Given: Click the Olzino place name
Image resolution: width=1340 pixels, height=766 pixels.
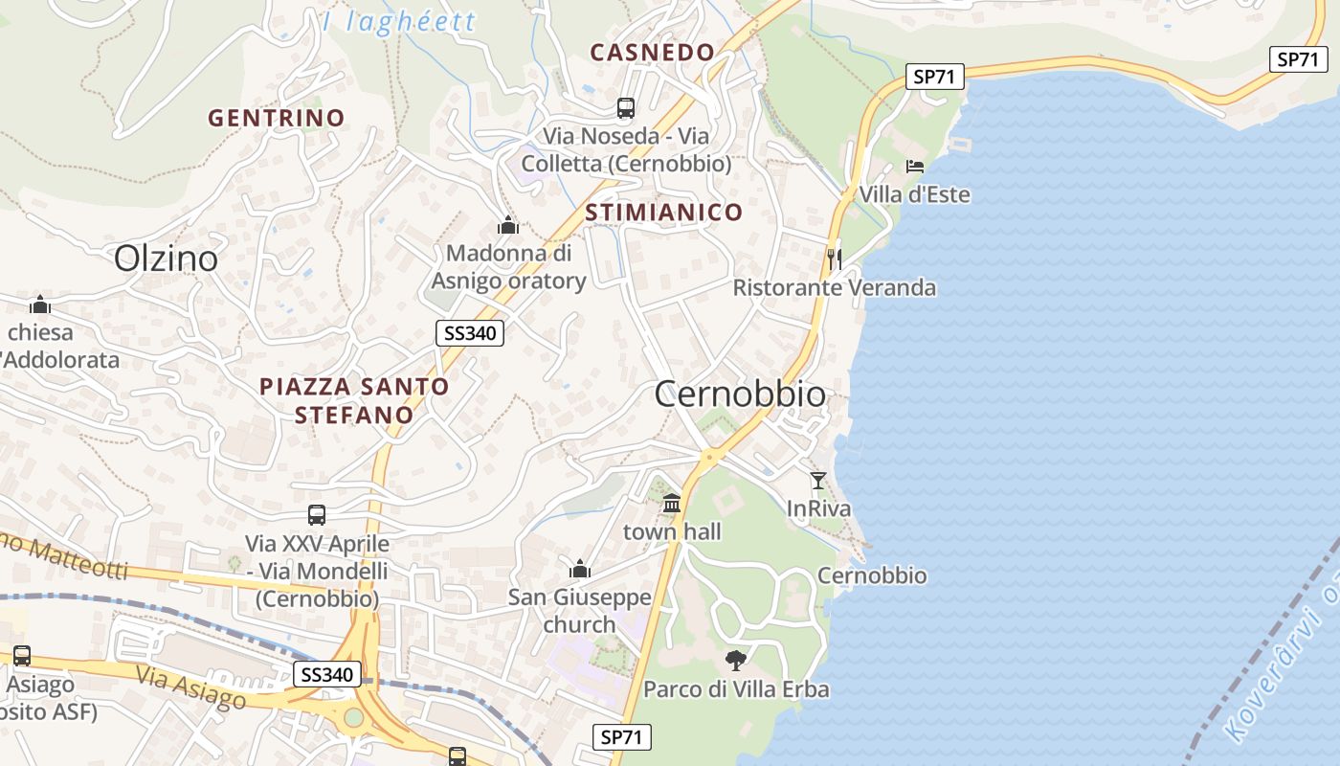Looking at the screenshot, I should (x=166, y=259).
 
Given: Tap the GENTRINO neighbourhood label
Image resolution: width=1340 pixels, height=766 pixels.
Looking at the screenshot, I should (x=276, y=118).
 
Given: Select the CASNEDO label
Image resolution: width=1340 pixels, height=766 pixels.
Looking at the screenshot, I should (x=652, y=52).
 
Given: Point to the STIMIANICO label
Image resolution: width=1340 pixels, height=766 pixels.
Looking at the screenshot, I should (x=663, y=212).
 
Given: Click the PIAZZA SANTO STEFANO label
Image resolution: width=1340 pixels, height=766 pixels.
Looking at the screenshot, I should (x=354, y=400).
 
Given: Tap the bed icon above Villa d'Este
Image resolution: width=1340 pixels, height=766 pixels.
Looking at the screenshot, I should (x=915, y=167).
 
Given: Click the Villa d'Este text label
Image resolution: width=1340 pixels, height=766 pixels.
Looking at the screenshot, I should (x=914, y=194).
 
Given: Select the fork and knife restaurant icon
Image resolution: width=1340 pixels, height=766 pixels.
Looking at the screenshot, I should (x=835, y=259).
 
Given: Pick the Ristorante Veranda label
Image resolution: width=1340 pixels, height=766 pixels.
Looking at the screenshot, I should (x=835, y=287).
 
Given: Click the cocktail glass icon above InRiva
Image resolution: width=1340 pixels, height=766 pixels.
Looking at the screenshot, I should (x=817, y=481).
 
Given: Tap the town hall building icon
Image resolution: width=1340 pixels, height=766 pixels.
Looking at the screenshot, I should (x=672, y=504).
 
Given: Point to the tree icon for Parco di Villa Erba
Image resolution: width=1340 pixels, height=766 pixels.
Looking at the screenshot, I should (x=735, y=660).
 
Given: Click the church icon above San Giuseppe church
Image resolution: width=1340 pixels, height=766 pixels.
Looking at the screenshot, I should (x=580, y=570).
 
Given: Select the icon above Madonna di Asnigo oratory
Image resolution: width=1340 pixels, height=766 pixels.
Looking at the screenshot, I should (x=507, y=225).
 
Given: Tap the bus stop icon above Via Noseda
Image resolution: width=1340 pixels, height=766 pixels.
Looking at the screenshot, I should (x=626, y=108).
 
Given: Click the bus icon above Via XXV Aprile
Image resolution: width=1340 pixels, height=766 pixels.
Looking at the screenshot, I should (x=317, y=515).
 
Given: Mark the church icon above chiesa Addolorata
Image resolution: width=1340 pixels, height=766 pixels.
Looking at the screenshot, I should (x=40, y=305).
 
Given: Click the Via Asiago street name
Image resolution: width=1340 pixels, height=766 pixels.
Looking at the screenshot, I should (x=190, y=688).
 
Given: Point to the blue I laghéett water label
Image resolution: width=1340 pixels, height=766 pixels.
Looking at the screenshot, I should (x=398, y=21).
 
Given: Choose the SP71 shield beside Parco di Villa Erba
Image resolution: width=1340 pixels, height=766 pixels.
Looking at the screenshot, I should (x=621, y=737).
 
